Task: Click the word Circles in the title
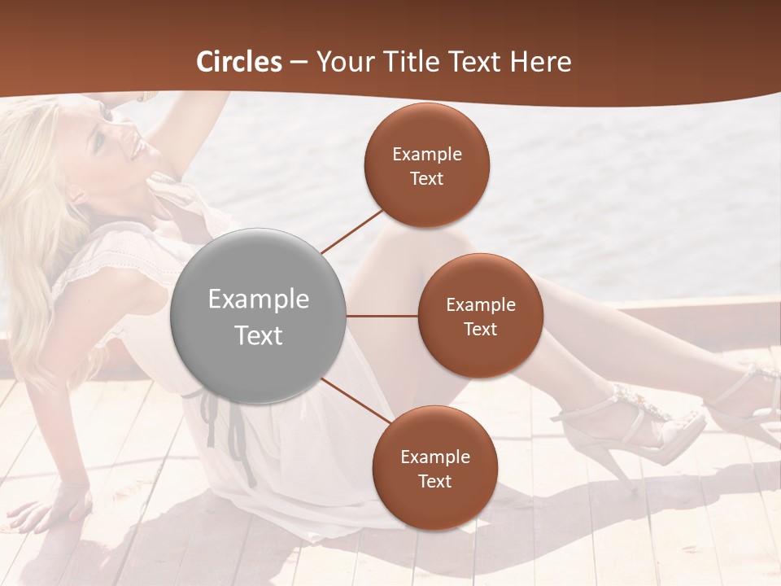(x=238, y=62)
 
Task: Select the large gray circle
(x=258, y=316)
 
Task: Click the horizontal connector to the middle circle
(x=382, y=316)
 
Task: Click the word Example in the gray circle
(x=258, y=300)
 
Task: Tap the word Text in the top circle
(x=426, y=178)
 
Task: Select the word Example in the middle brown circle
(x=480, y=305)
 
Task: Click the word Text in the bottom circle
(x=434, y=481)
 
